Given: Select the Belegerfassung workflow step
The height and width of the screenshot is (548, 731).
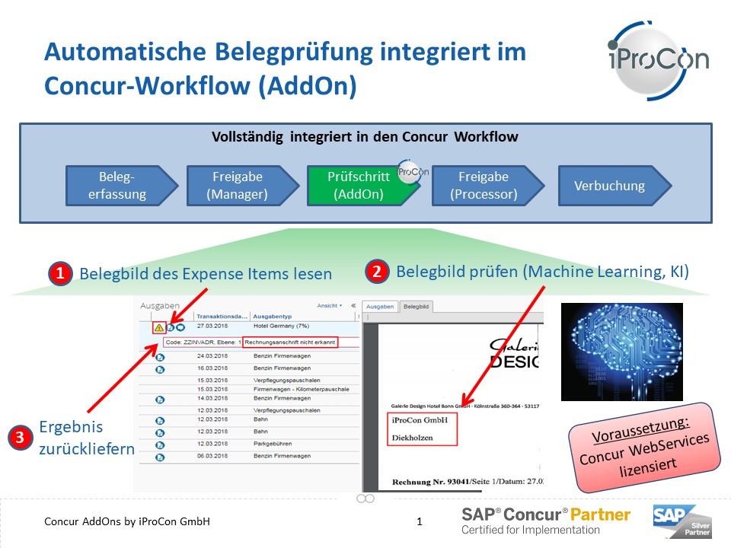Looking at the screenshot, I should (x=117, y=185).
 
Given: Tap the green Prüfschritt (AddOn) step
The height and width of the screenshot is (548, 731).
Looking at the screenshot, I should (x=358, y=185).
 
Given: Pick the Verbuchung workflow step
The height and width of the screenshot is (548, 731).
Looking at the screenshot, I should (x=609, y=185).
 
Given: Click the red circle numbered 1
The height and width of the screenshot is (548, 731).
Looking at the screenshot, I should (x=60, y=273).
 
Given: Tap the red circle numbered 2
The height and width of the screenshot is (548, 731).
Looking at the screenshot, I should (x=376, y=271).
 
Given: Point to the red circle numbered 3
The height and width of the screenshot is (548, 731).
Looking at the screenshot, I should (x=19, y=437).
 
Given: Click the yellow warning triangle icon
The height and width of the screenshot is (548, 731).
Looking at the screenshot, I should (x=159, y=328).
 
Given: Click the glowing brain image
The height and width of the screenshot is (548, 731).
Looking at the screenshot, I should (x=621, y=352).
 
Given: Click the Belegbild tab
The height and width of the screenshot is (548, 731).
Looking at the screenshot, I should (x=417, y=306).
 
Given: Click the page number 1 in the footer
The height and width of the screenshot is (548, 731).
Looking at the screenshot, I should (x=420, y=522).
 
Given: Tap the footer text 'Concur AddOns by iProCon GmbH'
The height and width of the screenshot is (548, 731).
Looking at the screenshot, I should (x=127, y=522).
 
